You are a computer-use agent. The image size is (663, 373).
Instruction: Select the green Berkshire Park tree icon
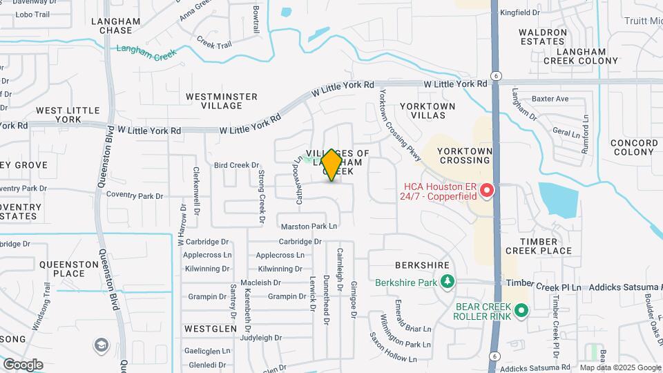pos(448,282)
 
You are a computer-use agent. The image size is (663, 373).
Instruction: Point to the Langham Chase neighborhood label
pos(116,26)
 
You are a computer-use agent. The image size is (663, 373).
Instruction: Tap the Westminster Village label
pos(222,101)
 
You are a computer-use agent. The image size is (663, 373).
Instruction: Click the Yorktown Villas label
pos(427,111)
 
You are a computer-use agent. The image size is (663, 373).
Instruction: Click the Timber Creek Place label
pos(539,246)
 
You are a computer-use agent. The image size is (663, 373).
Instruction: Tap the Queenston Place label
pos(71,269)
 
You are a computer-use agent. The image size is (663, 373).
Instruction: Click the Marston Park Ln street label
pos(309,226)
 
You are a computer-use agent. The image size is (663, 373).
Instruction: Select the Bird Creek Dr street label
pos(236,165)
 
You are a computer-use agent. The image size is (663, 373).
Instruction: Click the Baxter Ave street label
pos(550,99)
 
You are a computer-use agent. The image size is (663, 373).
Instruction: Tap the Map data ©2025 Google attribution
pos(619,367)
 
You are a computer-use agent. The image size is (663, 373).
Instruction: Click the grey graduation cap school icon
pos(102,345)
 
